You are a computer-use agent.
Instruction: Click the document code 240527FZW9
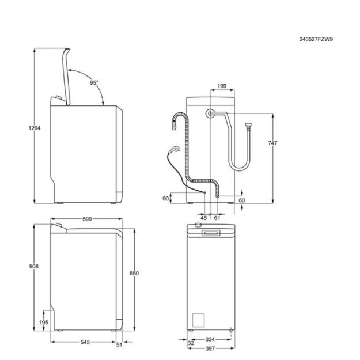coord(316,40)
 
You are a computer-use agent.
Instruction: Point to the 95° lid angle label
coord(93,83)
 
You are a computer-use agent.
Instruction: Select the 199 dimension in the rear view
coord(222,86)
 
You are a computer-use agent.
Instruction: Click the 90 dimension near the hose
coord(165,198)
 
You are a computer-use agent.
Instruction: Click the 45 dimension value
coord(204,218)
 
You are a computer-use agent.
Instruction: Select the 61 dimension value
coord(217,218)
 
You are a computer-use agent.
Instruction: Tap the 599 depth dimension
coord(88,219)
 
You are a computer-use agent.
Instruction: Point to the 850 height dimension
coord(134,272)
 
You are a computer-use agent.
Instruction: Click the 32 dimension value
coord(190,344)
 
